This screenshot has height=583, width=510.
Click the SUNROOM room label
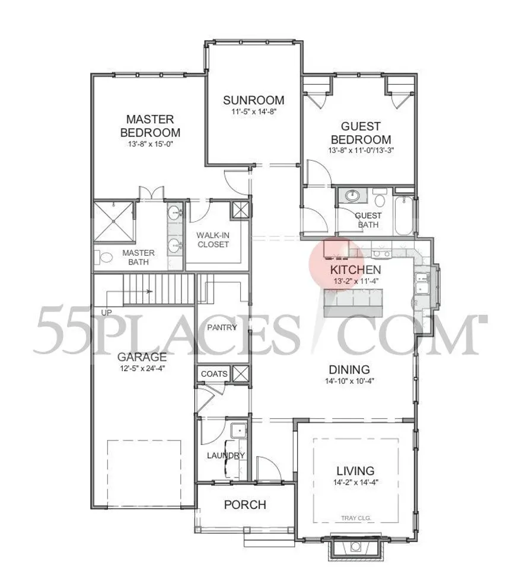coord(253,100)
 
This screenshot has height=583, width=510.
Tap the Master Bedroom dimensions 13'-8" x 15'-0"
coord(150,144)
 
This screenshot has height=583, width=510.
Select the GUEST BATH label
coord(368,220)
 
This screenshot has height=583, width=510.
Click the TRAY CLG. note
coord(356,518)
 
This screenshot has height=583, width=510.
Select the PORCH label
coord(244,505)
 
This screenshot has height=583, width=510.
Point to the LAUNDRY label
coord(225,455)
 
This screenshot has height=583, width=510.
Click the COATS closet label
coord(214,374)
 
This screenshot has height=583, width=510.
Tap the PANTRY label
coord(222,327)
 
